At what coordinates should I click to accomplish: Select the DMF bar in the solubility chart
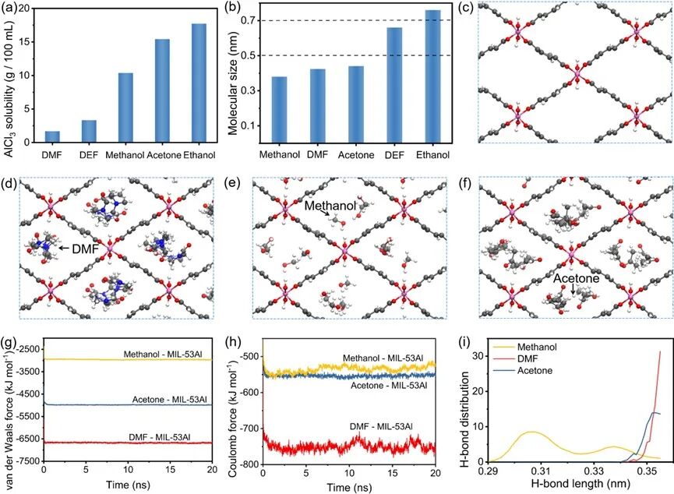(52, 137)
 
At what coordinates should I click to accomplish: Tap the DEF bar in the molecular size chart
(394, 85)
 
